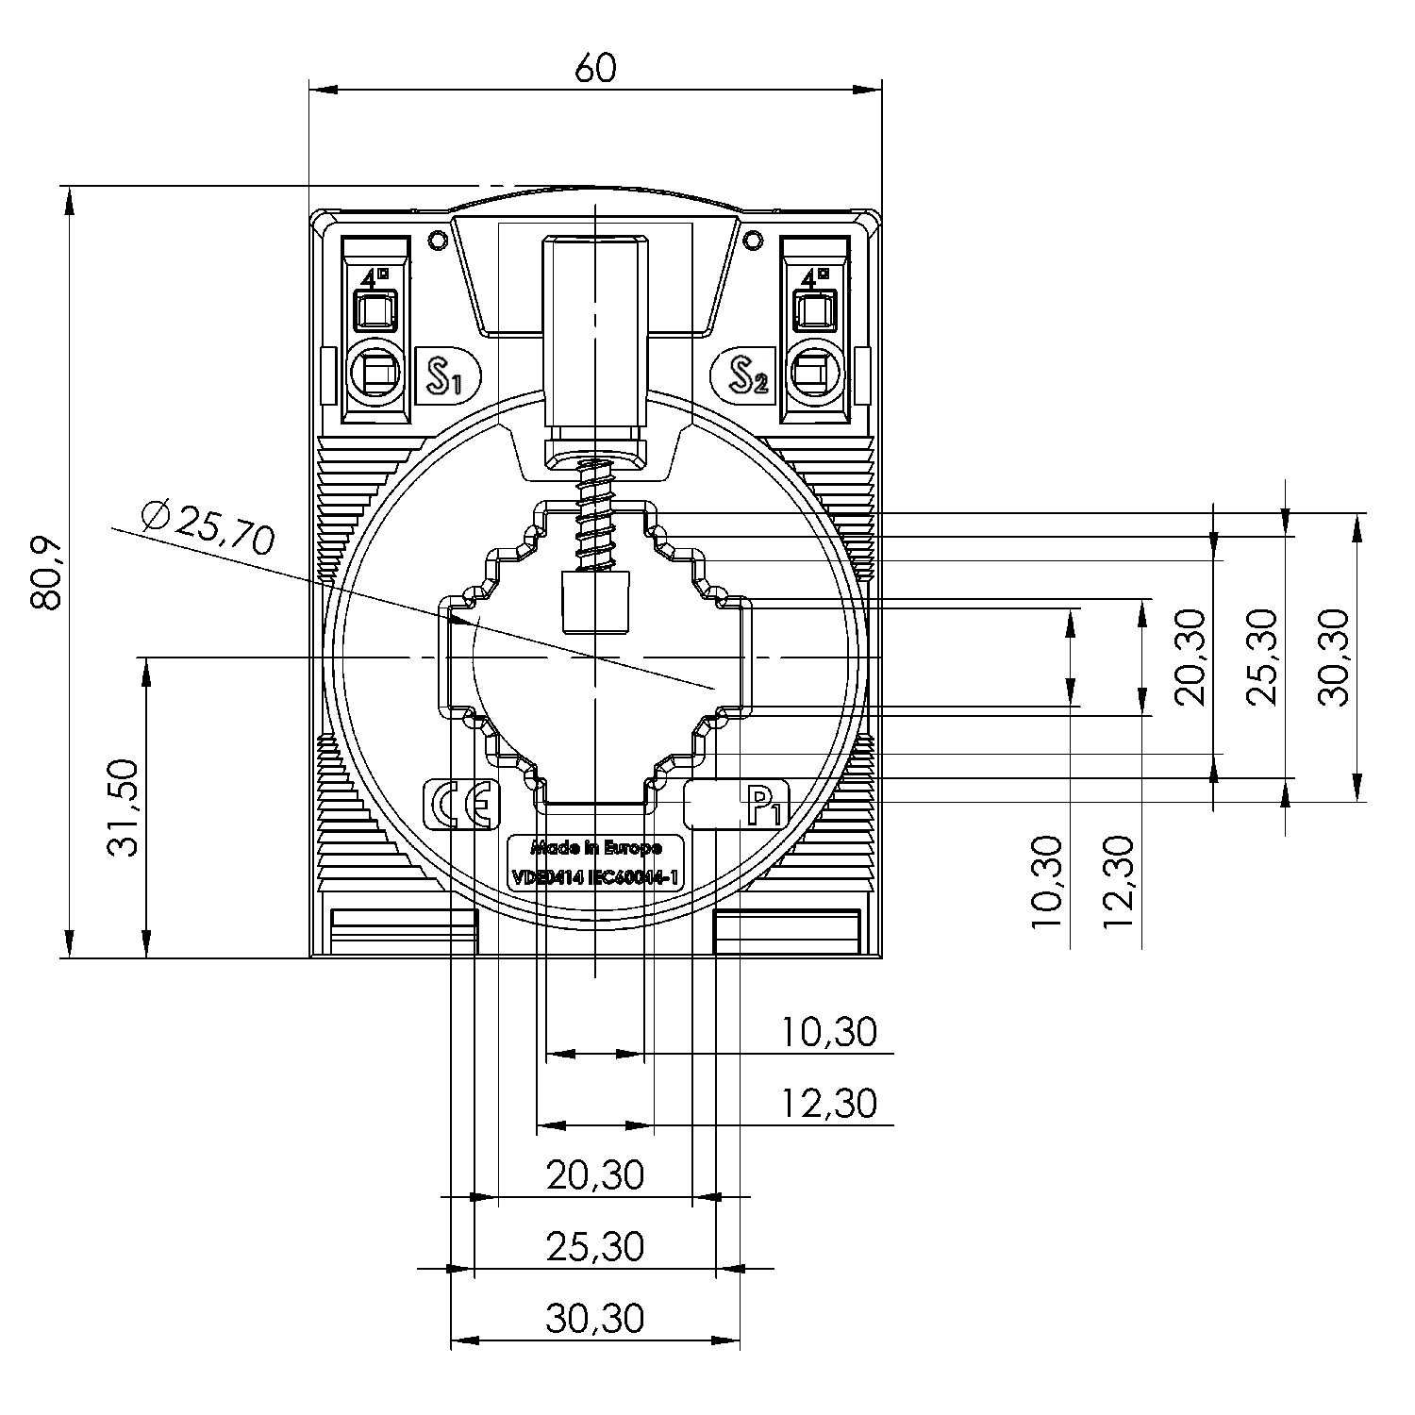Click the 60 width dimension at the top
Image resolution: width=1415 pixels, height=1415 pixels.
(x=594, y=68)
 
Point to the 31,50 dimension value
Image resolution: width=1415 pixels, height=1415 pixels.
(x=124, y=807)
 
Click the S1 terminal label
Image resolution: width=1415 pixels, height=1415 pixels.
(x=446, y=376)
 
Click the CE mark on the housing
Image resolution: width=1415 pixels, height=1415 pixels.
(x=461, y=805)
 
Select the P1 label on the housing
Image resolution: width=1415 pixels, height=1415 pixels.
(x=764, y=806)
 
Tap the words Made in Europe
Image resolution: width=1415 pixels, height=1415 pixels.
(x=596, y=847)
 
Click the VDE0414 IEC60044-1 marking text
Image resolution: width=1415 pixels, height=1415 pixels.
(x=596, y=877)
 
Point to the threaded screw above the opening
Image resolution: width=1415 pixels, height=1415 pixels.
(x=594, y=514)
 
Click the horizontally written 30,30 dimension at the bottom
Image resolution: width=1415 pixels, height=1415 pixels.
(x=595, y=1318)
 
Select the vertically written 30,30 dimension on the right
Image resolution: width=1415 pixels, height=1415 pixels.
(x=1334, y=657)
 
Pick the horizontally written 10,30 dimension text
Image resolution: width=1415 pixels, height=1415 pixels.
(x=829, y=1032)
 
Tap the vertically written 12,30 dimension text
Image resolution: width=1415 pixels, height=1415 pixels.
(x=1117, y=881)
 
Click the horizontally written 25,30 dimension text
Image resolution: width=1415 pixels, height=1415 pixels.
(x=595, y=1246)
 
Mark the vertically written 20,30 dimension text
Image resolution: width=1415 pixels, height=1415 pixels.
(x=1190, y=657)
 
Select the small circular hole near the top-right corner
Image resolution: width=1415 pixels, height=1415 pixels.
(x=753, y=241)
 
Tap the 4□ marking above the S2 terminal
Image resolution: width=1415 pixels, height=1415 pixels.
(x=815, y=277)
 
